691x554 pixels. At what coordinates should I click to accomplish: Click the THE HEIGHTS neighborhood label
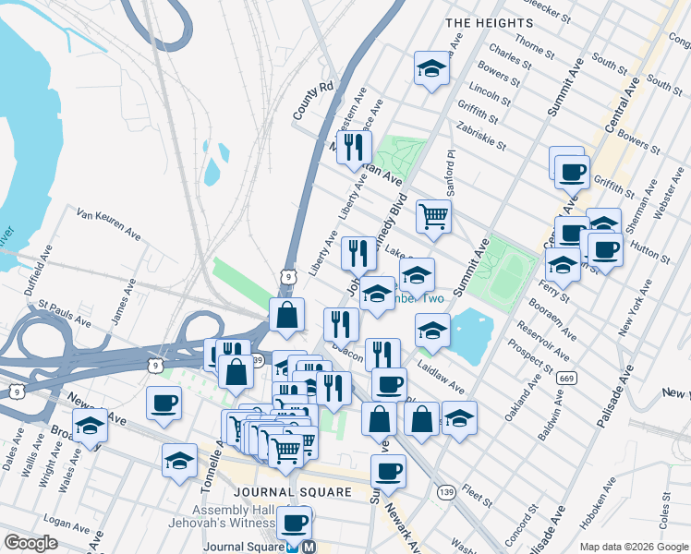pyautogui.click(x=489, y=22)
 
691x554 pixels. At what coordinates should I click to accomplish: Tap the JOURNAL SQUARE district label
pyautogui.click(x=293, y=492)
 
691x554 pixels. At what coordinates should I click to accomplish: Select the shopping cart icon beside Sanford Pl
pyautogui.click(x=432, y=217)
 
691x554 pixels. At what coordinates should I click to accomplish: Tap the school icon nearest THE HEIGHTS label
pyautogui.click(x=431, y=68)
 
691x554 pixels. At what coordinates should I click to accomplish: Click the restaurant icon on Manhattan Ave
pyautogui.click(x=354, y=146)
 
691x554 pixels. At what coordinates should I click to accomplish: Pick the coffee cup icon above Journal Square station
pyautogui.click(x=295, y=523)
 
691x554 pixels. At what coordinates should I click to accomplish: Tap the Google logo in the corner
pyautogui.click(x=31, y=543)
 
